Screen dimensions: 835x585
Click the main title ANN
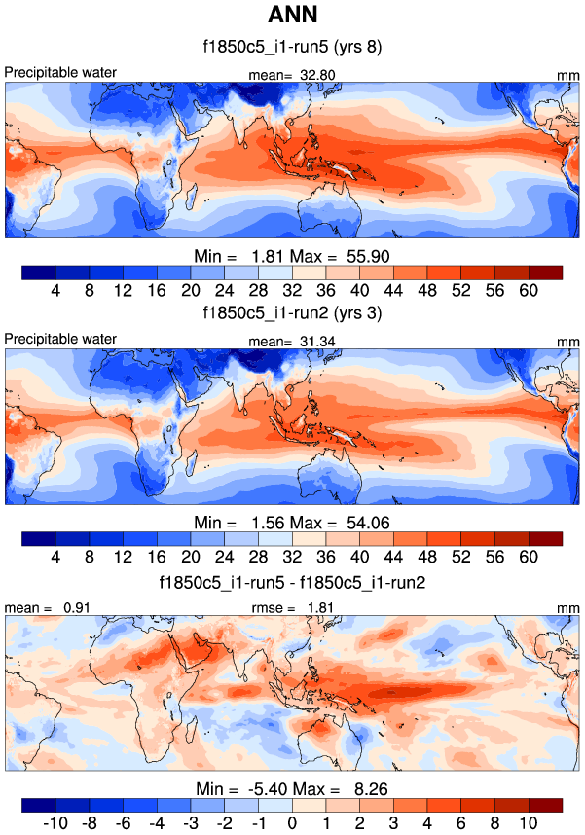click(x=292, y=17)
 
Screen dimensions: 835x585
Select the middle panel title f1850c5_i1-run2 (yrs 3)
click(x=292, y=314)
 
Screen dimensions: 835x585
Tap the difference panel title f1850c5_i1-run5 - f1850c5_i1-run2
click(x=292, y=582)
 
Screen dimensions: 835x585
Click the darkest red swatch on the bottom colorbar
click(x=546, y=805)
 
